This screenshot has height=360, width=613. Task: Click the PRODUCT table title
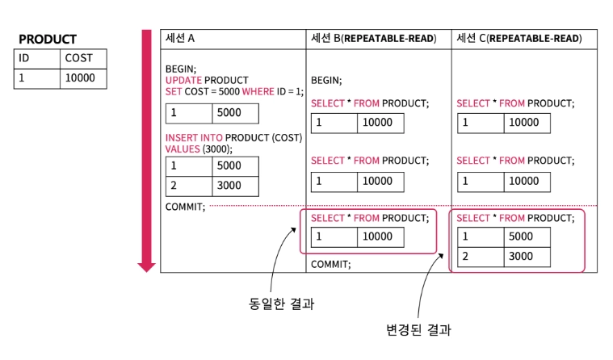pos(47,40)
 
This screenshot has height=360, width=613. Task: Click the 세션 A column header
pos(180,38)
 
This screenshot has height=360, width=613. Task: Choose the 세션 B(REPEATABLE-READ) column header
pos(373,38)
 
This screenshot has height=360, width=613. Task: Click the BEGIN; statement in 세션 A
pos(181,69)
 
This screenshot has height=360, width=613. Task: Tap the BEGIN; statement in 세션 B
pos(326,80)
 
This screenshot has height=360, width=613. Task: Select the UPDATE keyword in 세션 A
pos(183,80)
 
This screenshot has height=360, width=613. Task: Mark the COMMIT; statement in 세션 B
pos(331,264)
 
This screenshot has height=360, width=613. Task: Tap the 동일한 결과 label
pos(281,305)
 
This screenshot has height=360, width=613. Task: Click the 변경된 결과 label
pos(418,330)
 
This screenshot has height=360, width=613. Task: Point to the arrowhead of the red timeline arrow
pos(146,266)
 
